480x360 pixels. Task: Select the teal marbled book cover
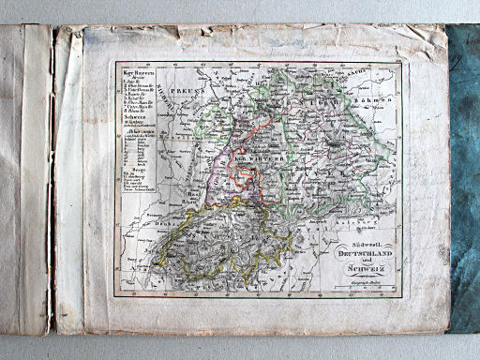(465, 178)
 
